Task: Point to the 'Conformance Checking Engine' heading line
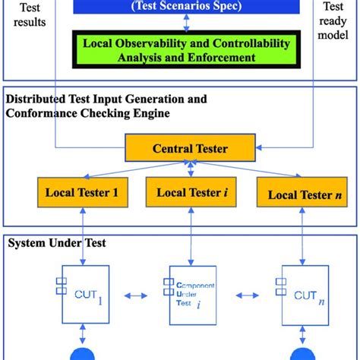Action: pos(87,113)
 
